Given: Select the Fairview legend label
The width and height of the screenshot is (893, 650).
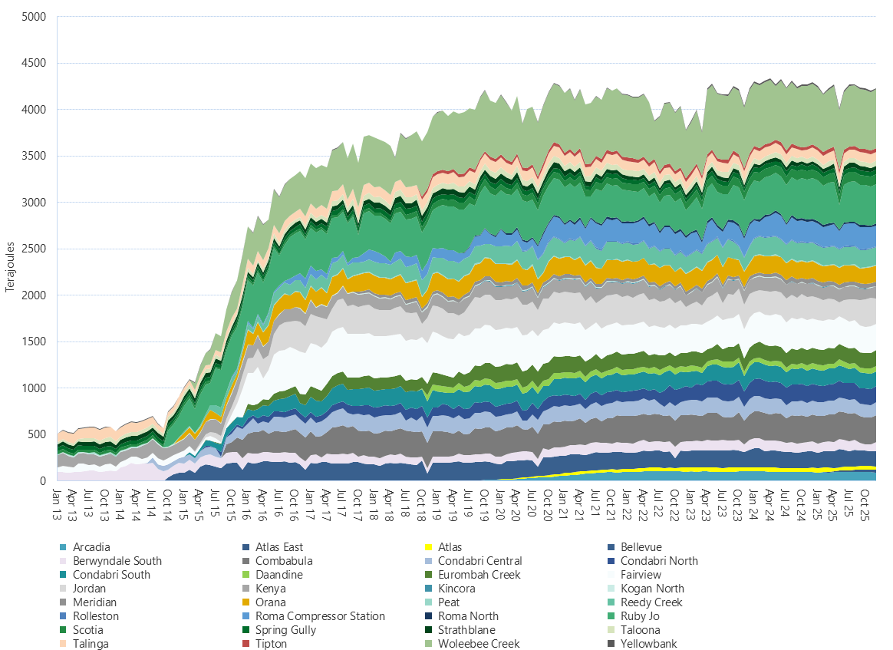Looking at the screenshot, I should coord(641,575).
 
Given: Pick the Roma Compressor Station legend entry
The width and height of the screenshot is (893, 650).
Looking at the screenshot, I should coord(320,616).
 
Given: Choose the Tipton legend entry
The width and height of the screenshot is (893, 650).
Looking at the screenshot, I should coord(271,644).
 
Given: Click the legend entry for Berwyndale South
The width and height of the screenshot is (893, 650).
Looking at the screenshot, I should coord(117,561).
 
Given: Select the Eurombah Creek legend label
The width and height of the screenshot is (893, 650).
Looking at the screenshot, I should coord(484,575).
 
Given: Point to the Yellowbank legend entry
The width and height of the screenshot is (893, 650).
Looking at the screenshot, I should coord(648,644).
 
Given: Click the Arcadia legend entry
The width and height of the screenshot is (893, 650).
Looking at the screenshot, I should coord(91,547).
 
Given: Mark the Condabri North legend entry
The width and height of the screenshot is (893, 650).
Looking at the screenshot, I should coord(659,561).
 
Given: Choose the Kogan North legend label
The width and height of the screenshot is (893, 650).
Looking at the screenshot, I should coord(652,589).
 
